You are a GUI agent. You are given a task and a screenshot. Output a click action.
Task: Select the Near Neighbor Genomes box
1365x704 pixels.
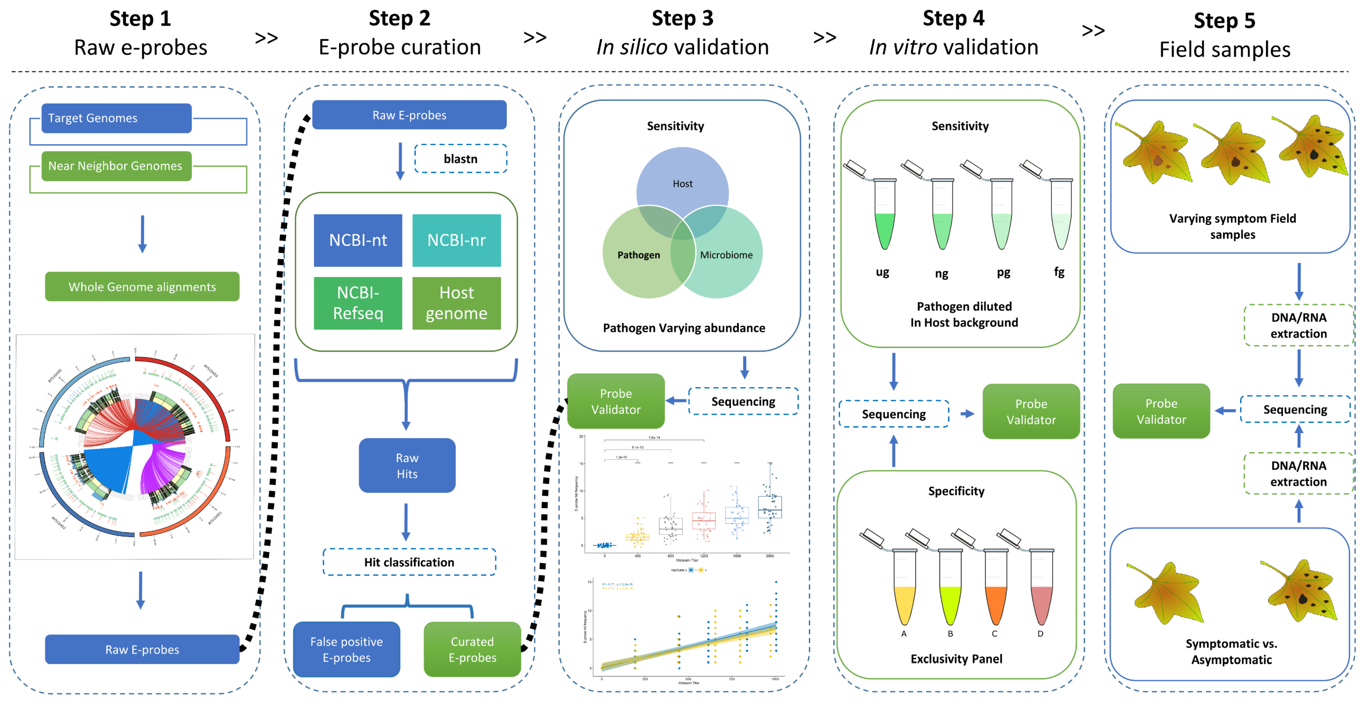[x=116, y=166]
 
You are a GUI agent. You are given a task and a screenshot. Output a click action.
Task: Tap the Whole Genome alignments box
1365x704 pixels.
[x=142, y=287]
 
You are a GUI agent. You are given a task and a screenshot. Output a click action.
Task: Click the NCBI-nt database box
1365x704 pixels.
[x=358, y=240]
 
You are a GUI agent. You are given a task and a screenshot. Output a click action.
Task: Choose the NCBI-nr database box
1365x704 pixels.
[x=456, y=240]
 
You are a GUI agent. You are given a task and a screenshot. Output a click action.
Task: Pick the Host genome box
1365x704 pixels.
[x=456, y=303]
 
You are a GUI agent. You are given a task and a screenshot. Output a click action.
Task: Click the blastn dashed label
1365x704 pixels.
[x=461, y=159]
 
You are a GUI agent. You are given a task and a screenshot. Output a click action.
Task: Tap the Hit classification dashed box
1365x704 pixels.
[x=409, y=562]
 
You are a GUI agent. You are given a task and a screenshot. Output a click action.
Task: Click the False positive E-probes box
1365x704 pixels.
[x=347, y=649]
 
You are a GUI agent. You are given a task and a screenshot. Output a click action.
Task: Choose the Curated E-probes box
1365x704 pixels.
[x=472, y=649]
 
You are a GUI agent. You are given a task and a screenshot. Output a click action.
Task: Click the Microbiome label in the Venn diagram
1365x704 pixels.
[x=726, y=255]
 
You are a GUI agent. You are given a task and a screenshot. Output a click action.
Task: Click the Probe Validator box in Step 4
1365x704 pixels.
[x=1031, y=411]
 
